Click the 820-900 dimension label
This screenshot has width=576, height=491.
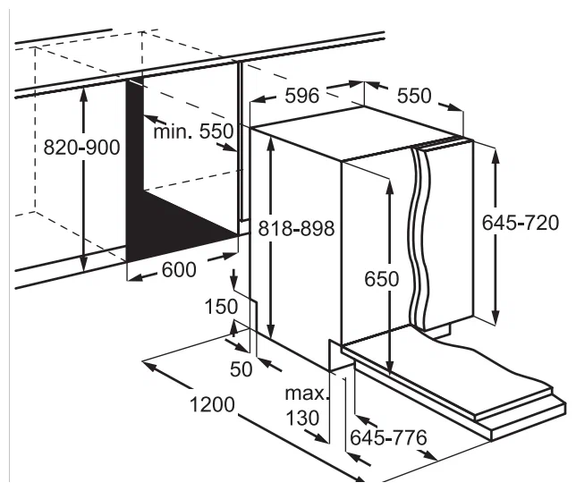pyautogui.click(x=81, y=148)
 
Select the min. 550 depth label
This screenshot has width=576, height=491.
pyautogui.click(x=193, y=131)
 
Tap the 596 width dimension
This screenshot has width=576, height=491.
pyautogui.click(x=302, y=96)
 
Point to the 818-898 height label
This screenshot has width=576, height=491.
pyautogui.click(x=296, y=228)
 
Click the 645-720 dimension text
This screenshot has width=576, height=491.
pyautogui.click(x=521, y=223)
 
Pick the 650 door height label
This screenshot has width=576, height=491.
pyautogui.click(x=381, y=279)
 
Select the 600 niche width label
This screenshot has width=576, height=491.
pyautogui.click(x=179, y=270)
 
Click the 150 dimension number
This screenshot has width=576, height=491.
pyautogui.click(x=221, y=307)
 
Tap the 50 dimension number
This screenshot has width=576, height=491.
pyautogui.click(x=241, y=369)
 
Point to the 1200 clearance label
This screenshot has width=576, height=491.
pyautogui.click(x=212, y=405)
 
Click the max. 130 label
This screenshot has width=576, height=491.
pyautogui.click(x=305, y=406)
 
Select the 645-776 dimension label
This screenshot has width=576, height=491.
pyautogui.click(x=388, y=437)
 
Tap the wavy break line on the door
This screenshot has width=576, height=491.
pyautogui.click(x=419, y=235)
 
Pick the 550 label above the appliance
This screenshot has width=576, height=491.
pyautogui.click(x=414, y=96)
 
